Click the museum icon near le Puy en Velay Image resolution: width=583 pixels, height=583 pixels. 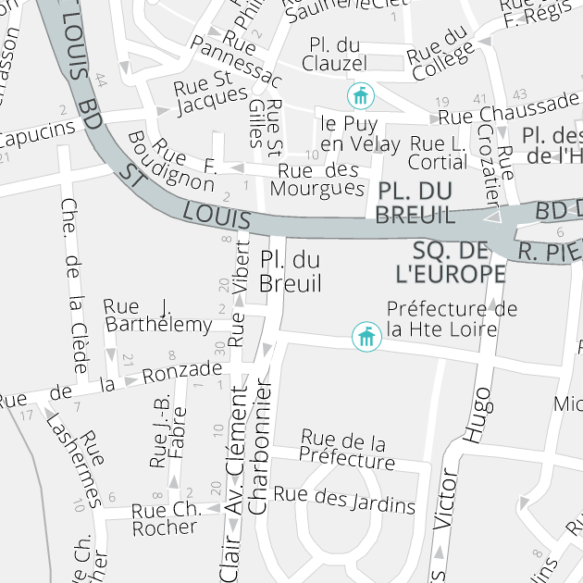click(x=360, y=95)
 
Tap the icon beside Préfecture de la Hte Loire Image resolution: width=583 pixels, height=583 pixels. click(x=367, y=337)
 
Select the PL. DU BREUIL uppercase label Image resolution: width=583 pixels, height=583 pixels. click(x=416, y=203)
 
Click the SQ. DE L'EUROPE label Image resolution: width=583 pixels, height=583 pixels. click(x=450, y=262)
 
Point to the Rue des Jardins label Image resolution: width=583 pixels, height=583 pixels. click(x=344, y=500)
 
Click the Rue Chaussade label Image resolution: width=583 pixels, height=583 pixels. click(x=508, y=115)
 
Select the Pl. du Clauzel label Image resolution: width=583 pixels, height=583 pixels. click(x=334, y=54)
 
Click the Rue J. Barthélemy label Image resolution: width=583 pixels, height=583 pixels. click(x=158, y=316)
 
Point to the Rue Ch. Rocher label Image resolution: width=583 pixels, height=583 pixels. click(x=166, y=519)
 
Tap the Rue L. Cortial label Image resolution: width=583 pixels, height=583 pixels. click(x=439, y=153)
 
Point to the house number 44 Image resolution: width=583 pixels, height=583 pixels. click(x=101, y=82)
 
